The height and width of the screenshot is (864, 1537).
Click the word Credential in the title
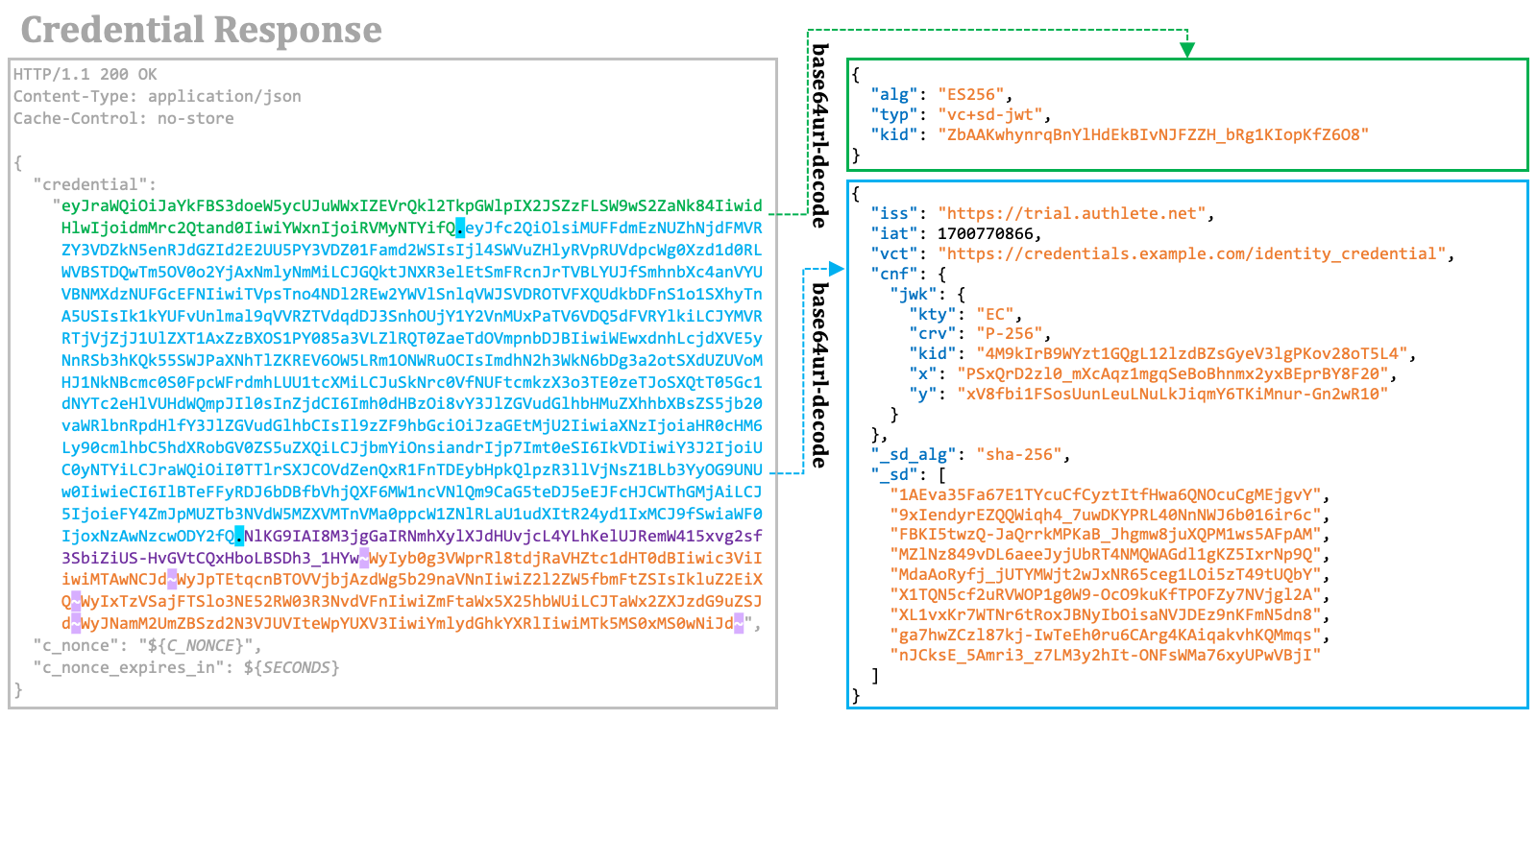pos(112,30)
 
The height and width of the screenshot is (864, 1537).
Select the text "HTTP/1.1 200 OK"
pos(85,74)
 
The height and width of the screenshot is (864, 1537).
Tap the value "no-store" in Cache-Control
pos(196,118)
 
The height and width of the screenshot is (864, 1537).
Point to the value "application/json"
pos(225,97)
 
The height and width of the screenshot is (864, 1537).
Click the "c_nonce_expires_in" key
pos(129,667)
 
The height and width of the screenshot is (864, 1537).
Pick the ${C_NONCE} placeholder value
pos(196,645)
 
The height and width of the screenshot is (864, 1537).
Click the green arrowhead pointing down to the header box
pos(1187,49)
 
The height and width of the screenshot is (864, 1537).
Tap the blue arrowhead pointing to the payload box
pos(836,268)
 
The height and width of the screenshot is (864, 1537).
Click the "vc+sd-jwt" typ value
pos(990,114)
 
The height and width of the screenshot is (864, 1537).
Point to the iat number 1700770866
pos(985,234)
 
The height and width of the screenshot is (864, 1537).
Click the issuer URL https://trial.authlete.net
pos(1072,214)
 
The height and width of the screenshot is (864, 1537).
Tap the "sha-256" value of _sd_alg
pos(1019,455)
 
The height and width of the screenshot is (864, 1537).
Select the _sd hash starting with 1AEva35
pos(1106,495)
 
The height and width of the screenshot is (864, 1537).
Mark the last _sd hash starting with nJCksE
pos(1106,656)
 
